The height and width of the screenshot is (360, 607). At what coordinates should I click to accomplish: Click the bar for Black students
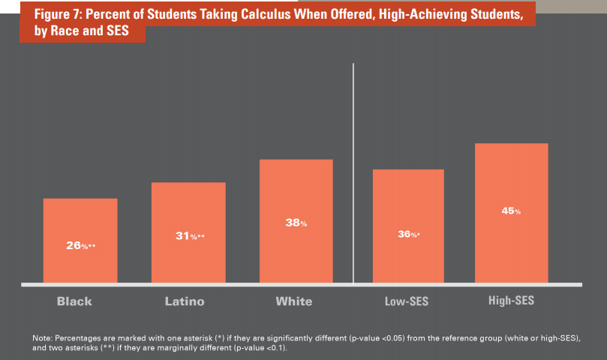(80, 240)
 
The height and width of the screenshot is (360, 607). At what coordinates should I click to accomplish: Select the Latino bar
(188, 232)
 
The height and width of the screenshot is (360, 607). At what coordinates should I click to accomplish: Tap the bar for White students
(296, 221)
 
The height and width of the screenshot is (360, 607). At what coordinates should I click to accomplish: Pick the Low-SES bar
(408, 226)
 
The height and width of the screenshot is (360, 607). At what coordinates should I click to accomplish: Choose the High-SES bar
(512, 213)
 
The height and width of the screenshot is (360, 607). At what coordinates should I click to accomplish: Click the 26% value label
(80, 245)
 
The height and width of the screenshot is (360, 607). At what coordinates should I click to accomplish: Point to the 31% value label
(188, 236)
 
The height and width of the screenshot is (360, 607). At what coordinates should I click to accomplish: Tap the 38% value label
(296, 223)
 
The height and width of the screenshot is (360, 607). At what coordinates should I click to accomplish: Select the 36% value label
(408, 235)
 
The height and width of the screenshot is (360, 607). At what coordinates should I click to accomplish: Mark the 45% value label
(511, 211)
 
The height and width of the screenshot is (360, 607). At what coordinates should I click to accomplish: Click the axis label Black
(74, 301)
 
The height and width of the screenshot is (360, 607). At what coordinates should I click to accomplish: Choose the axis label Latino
(185, 301)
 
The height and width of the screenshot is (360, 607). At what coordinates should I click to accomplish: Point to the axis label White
(294, 301)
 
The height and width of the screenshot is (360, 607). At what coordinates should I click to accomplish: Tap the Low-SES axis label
(405, 301)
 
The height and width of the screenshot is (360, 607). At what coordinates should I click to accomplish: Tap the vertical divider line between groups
(353, 172)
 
